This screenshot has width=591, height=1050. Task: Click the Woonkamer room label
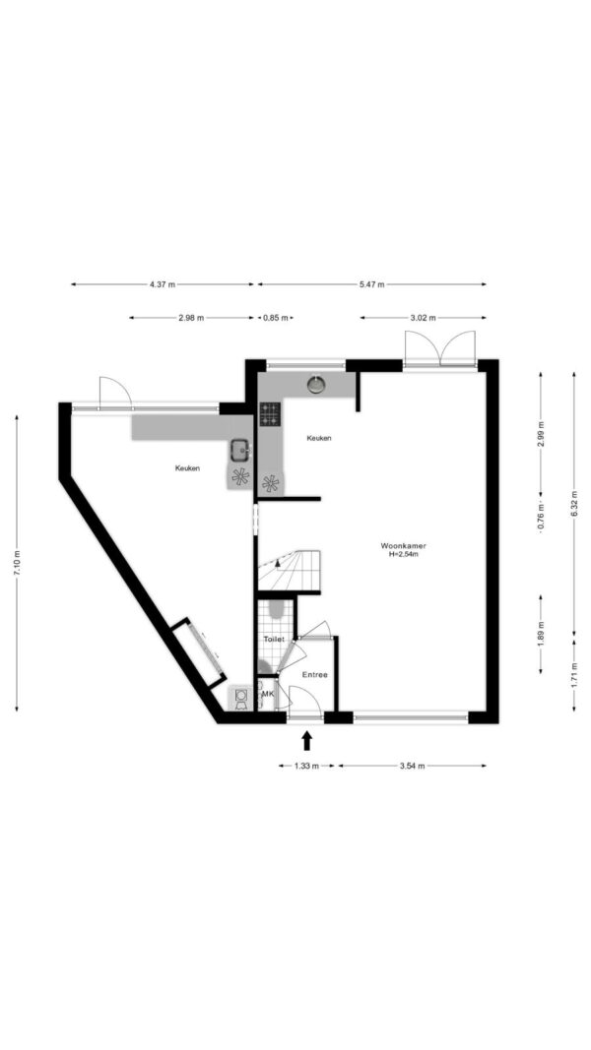(403, 546)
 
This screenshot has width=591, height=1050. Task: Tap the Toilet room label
(274, 640)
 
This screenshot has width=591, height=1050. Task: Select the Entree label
(314, 675)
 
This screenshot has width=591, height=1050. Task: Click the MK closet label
(267, 694)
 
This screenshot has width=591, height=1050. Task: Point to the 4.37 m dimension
(163, 284)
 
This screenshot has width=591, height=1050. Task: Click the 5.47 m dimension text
(372, 284)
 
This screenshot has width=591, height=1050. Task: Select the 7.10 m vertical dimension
(17, 563)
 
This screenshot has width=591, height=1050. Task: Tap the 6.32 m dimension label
(574, 504)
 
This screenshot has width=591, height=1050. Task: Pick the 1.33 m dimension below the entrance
(305, 766)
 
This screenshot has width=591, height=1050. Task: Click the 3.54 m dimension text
(412, 766)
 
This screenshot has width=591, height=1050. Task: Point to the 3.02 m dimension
(423, 318)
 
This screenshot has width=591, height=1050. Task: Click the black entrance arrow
(307, 740)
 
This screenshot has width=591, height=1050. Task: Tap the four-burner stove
(270, 414)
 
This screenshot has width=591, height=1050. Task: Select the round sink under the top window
(315, 384)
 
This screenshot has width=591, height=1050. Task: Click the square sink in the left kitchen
(240, 450)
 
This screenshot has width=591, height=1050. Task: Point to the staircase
(289, 571)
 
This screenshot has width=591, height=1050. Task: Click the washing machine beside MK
(241, 697)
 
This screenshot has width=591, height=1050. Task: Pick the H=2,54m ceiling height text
(403, 554)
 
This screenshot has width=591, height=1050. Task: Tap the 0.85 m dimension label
(276, 318)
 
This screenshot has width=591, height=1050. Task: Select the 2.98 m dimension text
(191, 318)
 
